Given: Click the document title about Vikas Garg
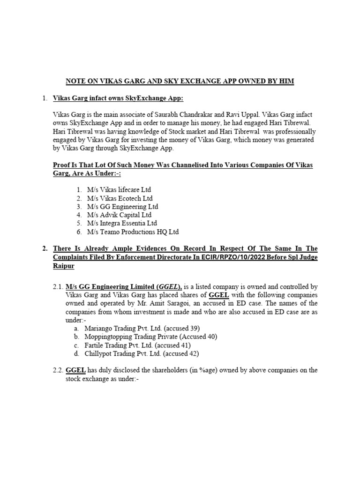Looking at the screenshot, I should [180, 81].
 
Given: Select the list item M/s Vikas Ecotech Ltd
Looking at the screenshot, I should [120, 198].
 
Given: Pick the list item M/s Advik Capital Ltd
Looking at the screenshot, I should [120, 215].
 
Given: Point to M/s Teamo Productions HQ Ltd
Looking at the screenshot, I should [133, 232].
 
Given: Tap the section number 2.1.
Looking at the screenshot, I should [58, 286].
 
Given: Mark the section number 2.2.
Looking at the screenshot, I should [58, 370].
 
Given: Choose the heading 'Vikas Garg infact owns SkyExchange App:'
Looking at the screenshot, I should [119, 98].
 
